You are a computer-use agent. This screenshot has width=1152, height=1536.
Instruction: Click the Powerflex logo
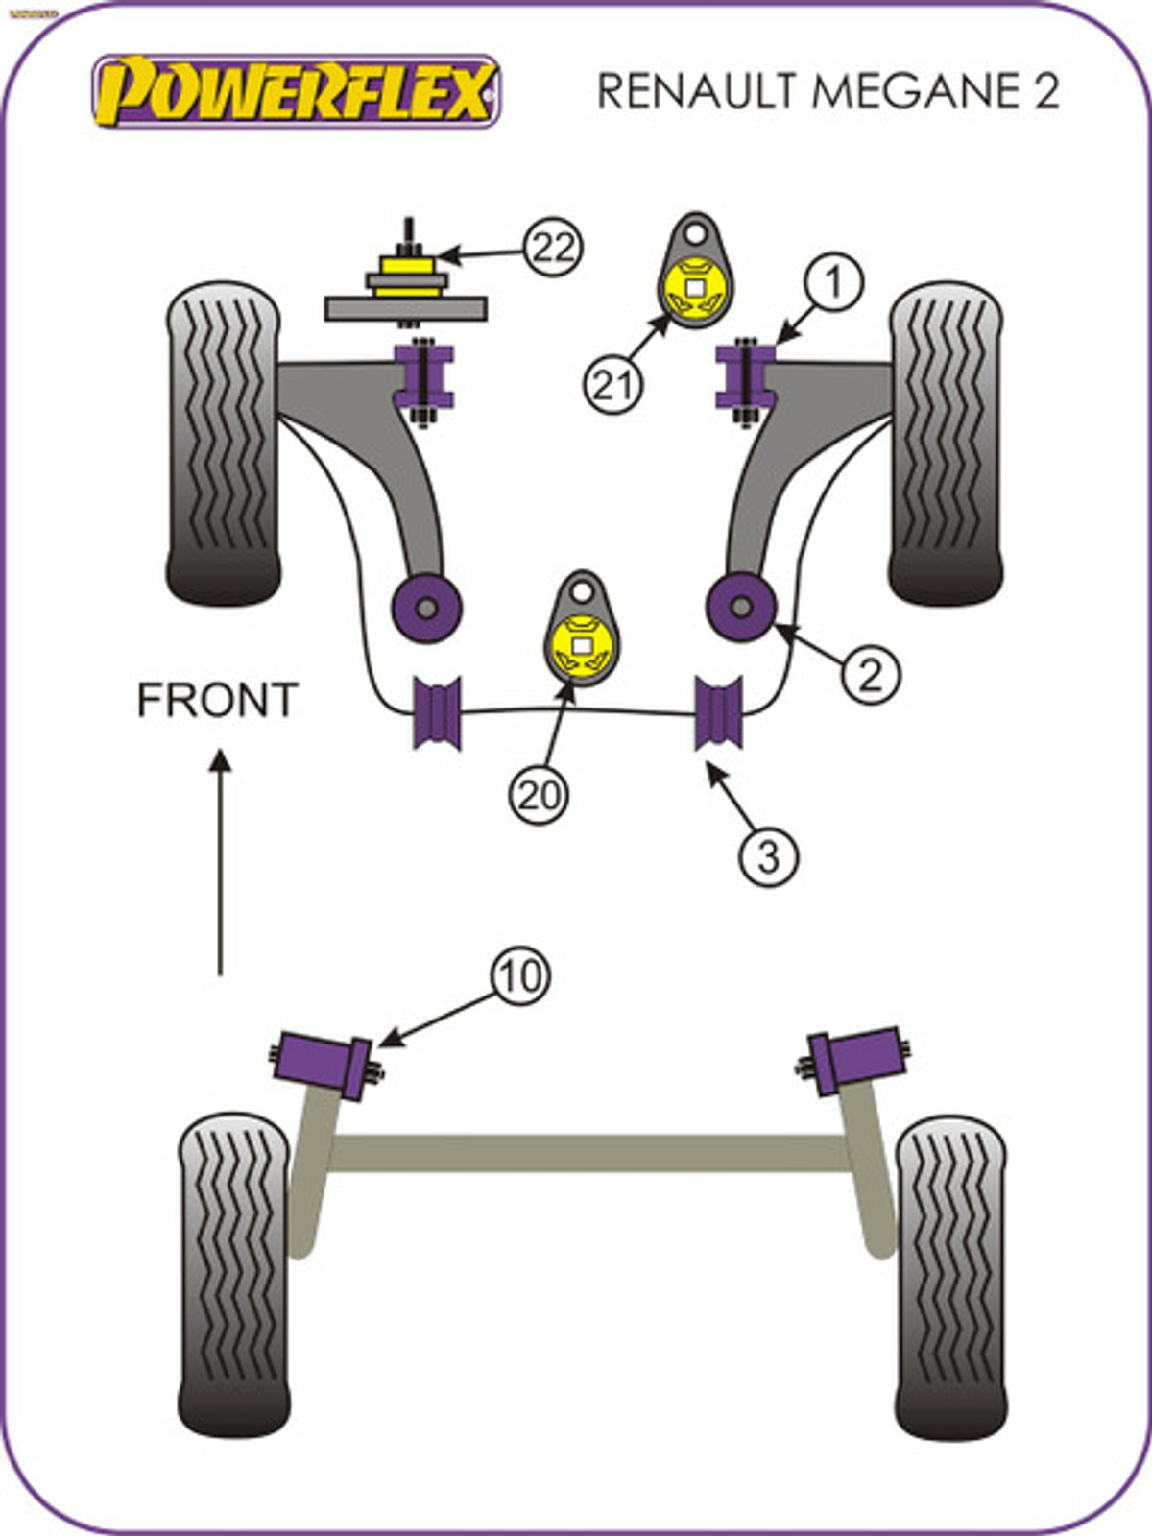coord(297,91)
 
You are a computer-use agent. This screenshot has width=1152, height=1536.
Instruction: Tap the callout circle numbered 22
coord(553,248)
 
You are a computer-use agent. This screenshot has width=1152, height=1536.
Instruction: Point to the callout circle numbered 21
coord(613,384)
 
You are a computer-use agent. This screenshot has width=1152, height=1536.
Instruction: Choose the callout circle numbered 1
coord(833,281)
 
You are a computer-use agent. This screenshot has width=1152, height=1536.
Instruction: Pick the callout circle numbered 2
coord(871,675)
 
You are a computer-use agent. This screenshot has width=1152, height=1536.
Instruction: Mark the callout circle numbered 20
coord(538,795)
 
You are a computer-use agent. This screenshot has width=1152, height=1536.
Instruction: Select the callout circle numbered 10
coord(521,976)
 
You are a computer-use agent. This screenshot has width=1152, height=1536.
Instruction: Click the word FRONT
coord(218,701)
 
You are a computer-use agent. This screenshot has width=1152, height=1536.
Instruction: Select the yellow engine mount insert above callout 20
coord(583,647)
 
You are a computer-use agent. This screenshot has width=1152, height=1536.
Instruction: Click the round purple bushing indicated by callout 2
coord(741,607)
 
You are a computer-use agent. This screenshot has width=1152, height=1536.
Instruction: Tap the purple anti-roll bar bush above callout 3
coord(718,713)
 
